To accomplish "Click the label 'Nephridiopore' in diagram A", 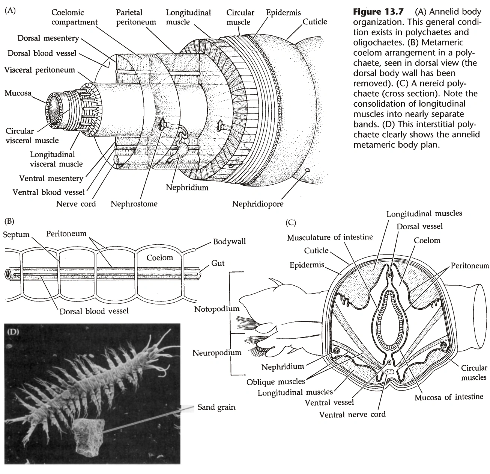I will click(258, 204).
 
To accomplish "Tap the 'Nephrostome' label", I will click(134, 204).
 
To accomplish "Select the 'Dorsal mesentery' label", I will click(48, 38).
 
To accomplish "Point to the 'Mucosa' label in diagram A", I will click(18, 93).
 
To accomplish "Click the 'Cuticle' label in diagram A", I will click(315, 22).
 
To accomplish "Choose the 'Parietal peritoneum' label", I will click(136, 17).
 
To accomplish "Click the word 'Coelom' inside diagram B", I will click(160, 257).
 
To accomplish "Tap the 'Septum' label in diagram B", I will click(16, 235).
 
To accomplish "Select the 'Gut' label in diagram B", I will click(218, 263).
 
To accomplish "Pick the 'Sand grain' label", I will click(216, 407).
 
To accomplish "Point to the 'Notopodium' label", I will click(216, 309).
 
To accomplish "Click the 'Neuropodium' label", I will click(216, 353).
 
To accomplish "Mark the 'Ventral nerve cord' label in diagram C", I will click(352, 414).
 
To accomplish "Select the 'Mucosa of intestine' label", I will click(449, 397).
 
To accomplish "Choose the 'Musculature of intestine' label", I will click(330, 237).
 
